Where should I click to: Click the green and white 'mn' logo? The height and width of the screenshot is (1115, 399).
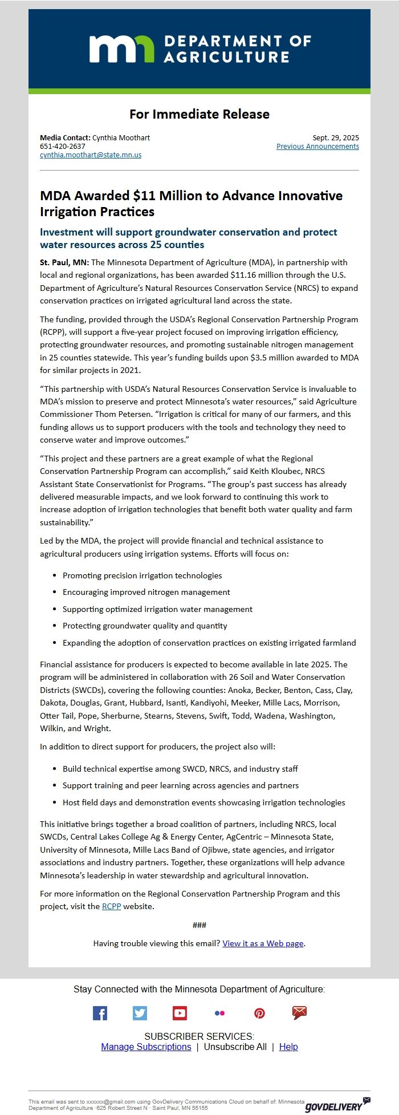coord(121,48)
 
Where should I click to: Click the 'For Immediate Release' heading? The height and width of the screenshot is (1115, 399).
coord(199,114)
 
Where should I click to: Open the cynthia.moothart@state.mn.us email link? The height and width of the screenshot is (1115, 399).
coord(91,155)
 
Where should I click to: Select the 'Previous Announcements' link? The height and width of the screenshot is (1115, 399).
coord(317,147)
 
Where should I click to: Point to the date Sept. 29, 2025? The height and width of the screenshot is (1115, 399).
coord(336,137)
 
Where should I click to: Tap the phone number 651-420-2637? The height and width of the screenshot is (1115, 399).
coord(63,146)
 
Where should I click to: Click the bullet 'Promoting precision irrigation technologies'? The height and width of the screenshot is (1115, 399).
coord(142,575)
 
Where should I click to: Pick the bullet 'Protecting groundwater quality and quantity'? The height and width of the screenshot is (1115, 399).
coord(145,626)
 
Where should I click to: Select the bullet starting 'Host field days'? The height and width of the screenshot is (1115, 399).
coord(203,802)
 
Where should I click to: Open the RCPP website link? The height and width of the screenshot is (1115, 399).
coord(111,906)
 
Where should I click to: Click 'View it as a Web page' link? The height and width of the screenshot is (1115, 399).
coord(263,943)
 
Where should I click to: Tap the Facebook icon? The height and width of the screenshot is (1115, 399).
coord(100,1013)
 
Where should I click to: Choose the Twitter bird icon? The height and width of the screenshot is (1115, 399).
coord(140,1013)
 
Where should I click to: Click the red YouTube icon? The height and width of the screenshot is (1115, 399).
coord(180,1013)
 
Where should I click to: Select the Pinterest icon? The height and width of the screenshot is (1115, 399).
coord(259,1013)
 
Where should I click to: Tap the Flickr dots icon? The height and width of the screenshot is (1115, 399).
coord(219,1013)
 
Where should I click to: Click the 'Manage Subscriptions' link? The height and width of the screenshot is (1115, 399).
coord(146,1047)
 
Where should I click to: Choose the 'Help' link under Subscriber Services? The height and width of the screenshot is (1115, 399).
coord(288,1047)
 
